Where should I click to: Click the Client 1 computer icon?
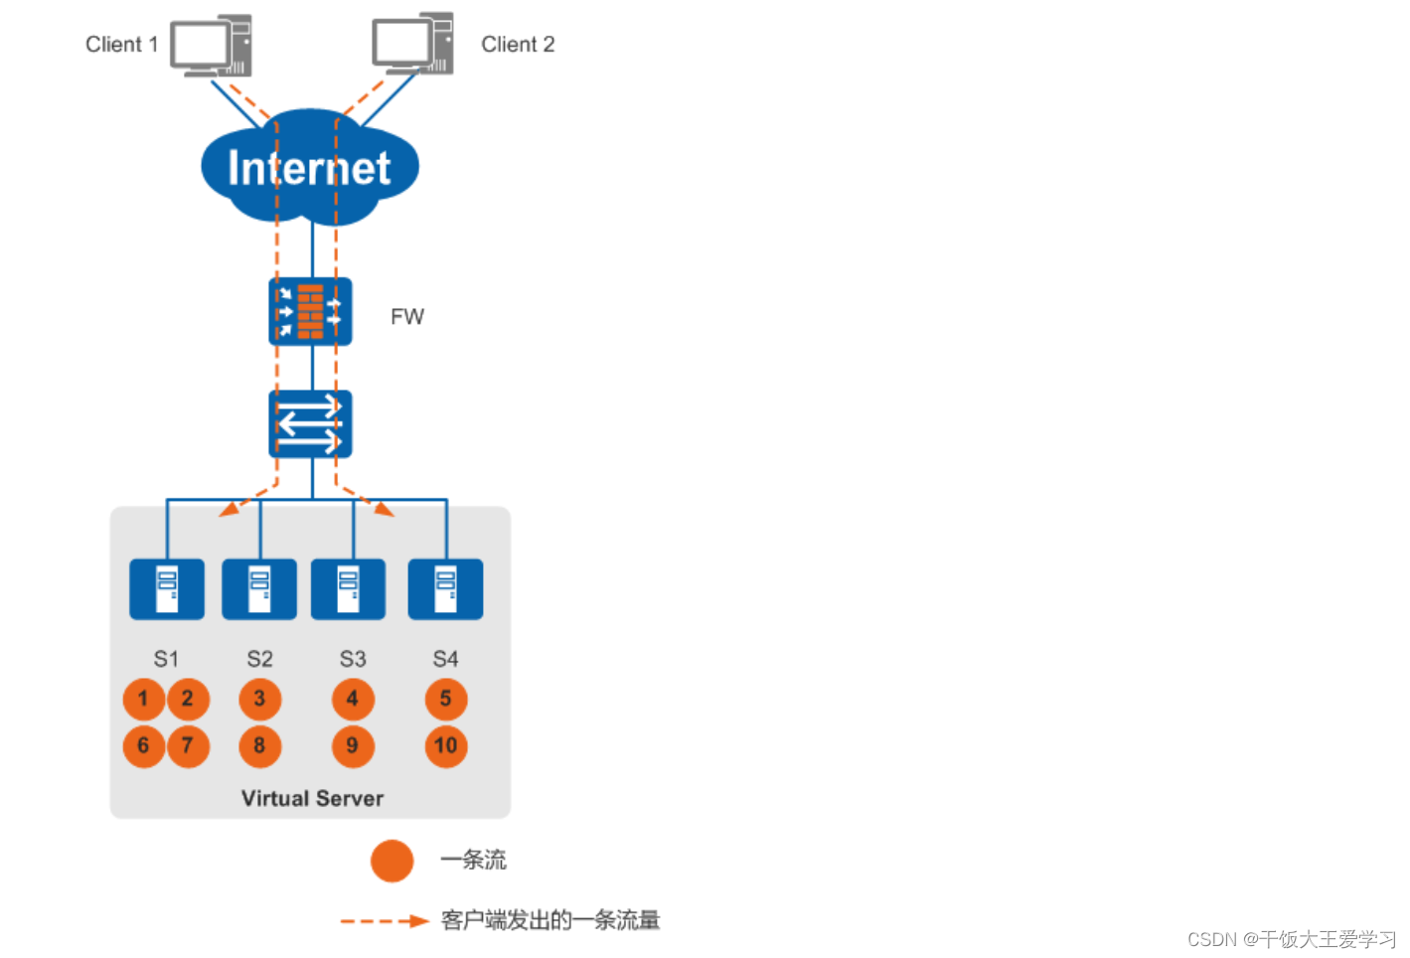[211, 46]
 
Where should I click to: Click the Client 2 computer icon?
[412, 44]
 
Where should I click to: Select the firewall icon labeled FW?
[310, 312]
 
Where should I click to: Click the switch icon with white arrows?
[310, 424]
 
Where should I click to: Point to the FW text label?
[407, 317]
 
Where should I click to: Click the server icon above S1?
[167, 589]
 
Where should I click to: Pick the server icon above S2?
[259, 589]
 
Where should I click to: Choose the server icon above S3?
[348, 589]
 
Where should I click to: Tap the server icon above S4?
[445, 589]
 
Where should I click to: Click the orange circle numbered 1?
[143, 699]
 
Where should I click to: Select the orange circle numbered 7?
[188, 746]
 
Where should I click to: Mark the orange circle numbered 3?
[259, 699]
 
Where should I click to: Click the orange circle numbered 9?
[353, 746]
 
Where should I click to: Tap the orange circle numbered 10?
[446, 746]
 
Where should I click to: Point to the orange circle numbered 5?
[446, 699]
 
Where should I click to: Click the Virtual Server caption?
[312, 798]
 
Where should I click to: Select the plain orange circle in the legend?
[392, 861]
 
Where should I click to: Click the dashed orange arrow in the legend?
[384, 921]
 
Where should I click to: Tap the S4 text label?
[445, 659]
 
